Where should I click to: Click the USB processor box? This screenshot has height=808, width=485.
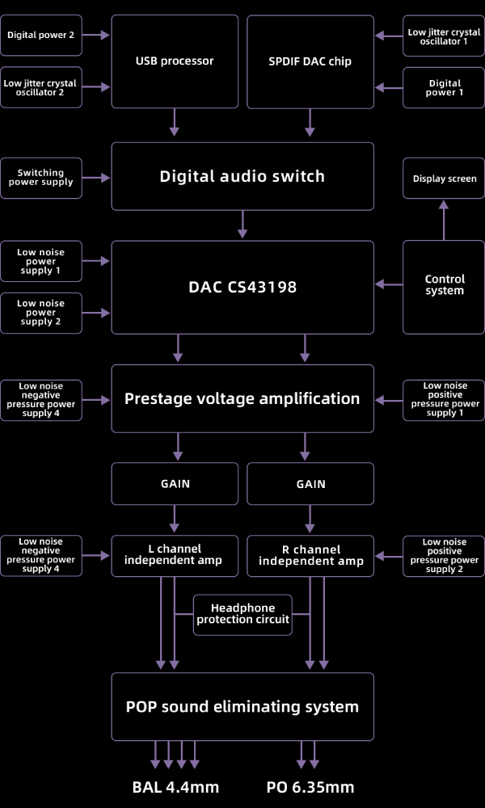tap(175, 61)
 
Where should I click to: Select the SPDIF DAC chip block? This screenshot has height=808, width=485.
tap(310, 61)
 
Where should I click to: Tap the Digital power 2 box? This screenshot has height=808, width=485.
tap(40, 35)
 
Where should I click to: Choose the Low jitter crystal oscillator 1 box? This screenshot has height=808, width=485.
tap(444, 36)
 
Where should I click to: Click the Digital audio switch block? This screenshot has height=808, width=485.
tap(242, 176)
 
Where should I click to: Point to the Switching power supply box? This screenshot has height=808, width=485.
tap(40, 178)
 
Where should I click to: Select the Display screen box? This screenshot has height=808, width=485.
tap(444, 179)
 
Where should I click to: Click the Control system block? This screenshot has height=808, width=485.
tap(444, 284)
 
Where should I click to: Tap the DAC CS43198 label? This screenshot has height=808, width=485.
tap(242, 287)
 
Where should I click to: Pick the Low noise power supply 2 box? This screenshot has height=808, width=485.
tap(40, 313)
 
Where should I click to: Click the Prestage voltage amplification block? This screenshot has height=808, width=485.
tap(242, 398)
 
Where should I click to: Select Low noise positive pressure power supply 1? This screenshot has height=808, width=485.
tap(444, 400)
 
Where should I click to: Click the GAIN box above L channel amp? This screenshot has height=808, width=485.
tap(175, 484)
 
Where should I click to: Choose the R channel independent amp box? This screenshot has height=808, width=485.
tap(310, 555)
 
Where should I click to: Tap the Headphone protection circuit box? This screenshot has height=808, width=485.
tap(242, 614)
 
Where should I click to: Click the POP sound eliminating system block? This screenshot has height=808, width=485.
tap(242, 707)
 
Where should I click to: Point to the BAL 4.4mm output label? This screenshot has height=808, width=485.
tap(175, 787)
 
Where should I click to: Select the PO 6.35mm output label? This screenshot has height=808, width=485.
tap(310, 787)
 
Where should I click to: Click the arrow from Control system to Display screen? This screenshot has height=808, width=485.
tap(443, 220)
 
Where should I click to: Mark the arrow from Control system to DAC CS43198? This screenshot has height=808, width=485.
tap(389, 284)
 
